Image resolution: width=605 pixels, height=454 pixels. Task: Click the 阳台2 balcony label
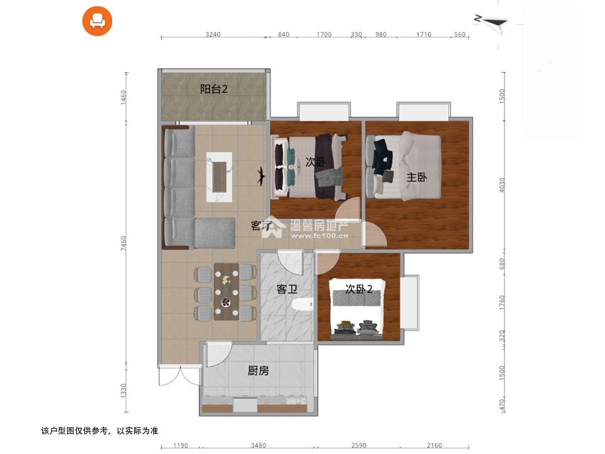click(x=214, y=89)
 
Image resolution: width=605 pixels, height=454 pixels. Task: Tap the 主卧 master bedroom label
click(x=416, y=177)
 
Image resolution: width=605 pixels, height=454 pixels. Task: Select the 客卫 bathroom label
click(x=287, y=289)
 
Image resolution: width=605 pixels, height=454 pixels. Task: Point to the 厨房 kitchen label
click(x=258, y=371)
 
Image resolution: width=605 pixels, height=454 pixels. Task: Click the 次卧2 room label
click(x=359, y=289)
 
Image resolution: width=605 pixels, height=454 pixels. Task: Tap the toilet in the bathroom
click(x=302, y=305)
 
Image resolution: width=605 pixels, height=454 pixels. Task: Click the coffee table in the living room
click(x=219, y=177)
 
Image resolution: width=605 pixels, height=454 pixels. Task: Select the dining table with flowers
click(x=226, y=292)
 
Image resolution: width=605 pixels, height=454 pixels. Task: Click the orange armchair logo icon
click(x=97, y=21)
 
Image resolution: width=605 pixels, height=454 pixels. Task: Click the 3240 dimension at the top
click(x=213, y=34)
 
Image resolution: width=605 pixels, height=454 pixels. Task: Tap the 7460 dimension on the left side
click(x=123, y=243)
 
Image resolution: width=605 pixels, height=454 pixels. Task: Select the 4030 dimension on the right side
click(x=502, y=185)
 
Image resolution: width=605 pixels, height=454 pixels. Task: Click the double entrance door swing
click(x=179, y=375)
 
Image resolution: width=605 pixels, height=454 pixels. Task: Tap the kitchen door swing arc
click(x=220, y=354)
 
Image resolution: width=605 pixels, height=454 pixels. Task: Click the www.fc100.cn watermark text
click(x=320, y=236)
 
